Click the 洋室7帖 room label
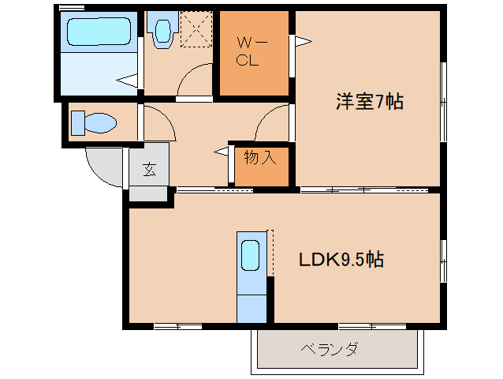(x=370, y=102)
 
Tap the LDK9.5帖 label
(x=341, y=259)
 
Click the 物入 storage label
(x=260, y=157)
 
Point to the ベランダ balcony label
(x=329, y=349)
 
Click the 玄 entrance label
(x=150, y=169)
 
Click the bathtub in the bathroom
(x=99, y=32)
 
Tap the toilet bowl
(x=100, y=122)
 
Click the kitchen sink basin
(x=250, y=255)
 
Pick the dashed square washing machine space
(x=196, y=29)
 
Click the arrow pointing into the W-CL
(x=304, y=41)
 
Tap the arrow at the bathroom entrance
(x=127, y=81)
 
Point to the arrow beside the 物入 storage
(x=222, y=152)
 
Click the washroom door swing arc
(x=188, y=70)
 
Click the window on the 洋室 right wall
(x=443, y=102)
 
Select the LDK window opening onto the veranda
(x=372, y=327)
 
